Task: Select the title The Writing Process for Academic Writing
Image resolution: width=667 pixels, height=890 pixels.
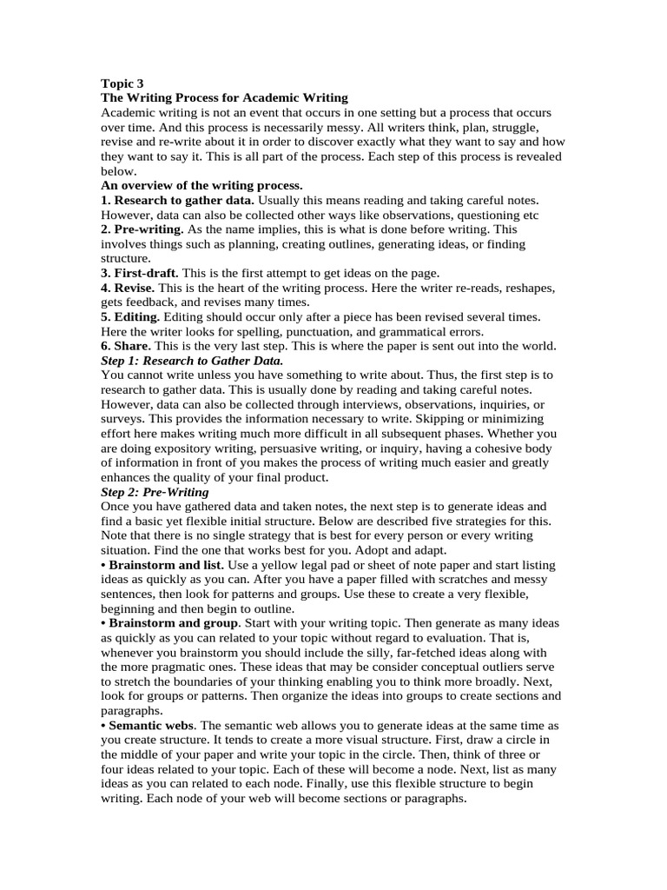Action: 224,98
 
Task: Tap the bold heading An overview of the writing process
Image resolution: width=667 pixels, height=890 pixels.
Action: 201,185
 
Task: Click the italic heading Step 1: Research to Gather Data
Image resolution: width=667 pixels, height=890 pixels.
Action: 192,360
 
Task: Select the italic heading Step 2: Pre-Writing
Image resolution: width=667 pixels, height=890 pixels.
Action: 155,492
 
